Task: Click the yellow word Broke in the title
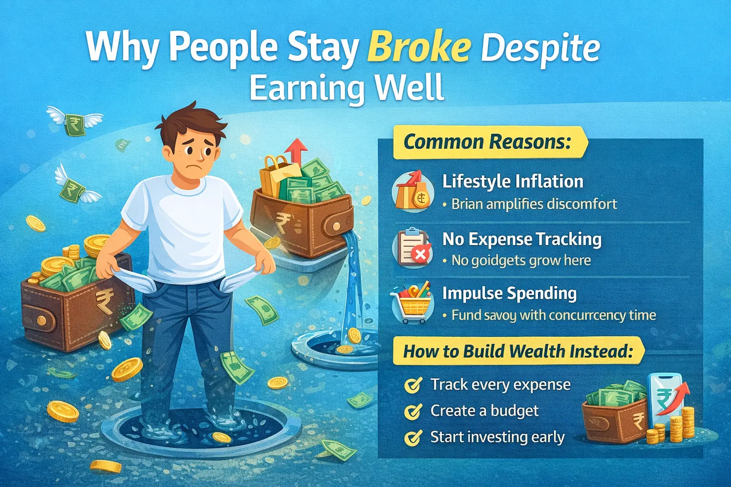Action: pos(419,48)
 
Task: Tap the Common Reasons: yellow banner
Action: pos(487,142)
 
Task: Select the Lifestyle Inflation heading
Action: pos(513,182)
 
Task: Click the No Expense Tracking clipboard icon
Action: pos(411,247)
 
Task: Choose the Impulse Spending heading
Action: pos(509,293)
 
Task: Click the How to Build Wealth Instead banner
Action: pos(518,351)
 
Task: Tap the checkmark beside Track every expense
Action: pos(413,385)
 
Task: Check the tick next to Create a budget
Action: pos(413,411)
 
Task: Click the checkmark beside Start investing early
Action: pos(413,437)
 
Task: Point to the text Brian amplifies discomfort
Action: pos(534,205)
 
